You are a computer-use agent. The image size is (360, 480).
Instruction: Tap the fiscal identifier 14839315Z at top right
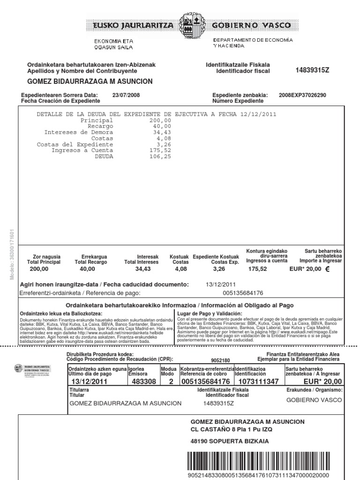[x=313, y=70]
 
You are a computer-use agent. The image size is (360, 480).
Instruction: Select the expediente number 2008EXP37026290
[x=302, y=95]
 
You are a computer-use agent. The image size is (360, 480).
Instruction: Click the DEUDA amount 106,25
[x=160, y=157]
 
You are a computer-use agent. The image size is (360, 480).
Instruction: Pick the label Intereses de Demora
[x=79, y=133]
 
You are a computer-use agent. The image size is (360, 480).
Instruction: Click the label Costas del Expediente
[x=75, y=144]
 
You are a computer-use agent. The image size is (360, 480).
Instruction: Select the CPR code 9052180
[x=220, y=360]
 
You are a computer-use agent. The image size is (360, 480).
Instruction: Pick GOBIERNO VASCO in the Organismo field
[x=314, y=400]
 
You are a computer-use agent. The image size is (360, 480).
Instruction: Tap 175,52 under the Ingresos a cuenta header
[x=257, y=270]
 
